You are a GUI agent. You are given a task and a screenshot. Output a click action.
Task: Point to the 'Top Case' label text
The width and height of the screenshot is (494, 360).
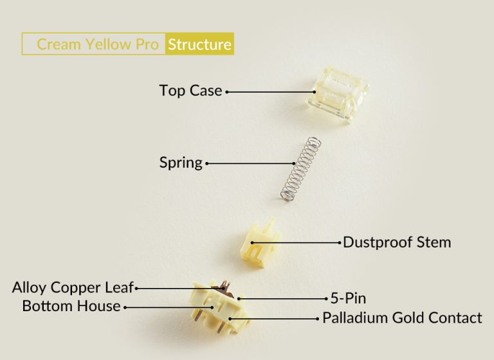[190, 91]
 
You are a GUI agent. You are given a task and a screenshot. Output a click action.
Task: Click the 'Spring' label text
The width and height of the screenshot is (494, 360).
[181, 163]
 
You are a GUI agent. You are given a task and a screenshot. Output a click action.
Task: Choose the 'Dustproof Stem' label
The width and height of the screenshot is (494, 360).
[397, 242]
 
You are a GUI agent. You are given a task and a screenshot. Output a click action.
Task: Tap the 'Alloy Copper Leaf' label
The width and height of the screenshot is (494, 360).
[72, 287]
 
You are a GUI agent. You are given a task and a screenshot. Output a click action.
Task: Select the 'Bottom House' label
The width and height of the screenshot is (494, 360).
[71, 306]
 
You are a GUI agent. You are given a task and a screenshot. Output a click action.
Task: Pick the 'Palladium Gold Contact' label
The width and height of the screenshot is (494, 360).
[402, 317]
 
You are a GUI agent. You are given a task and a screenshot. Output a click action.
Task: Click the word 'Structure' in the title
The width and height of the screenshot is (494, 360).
[199, 44]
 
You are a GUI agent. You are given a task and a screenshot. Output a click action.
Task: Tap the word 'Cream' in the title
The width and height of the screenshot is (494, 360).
[57, 44]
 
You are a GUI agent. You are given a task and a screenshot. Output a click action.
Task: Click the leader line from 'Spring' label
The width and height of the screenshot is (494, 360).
[244, 163]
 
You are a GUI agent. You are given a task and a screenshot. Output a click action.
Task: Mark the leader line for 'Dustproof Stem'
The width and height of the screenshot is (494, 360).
[296, 243]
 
